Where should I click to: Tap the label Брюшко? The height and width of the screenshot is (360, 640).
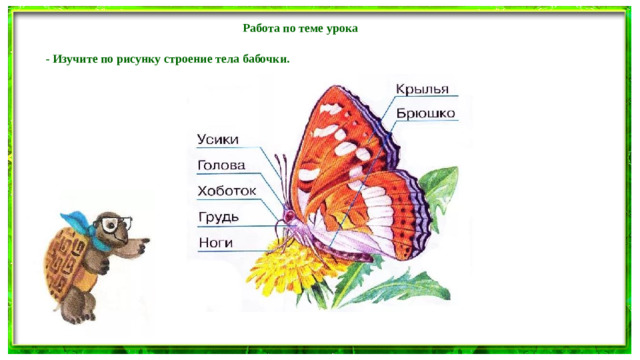(427, 113)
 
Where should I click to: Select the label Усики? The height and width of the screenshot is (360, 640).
(218, 140)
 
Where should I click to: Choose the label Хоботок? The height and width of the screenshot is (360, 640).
(227, 191)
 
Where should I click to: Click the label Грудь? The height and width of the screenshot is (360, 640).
(217, 217)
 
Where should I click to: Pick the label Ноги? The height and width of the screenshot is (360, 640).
(215, 243)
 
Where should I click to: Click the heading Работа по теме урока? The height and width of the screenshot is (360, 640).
(300, 29)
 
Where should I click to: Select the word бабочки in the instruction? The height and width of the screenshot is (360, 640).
(265, 59)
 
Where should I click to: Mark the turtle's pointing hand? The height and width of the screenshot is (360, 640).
(146, 241)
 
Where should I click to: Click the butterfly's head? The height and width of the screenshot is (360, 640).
(289, 214)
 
